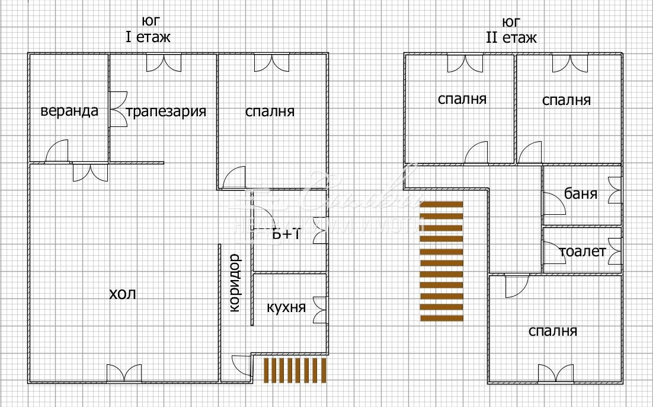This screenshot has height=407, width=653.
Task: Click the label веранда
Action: coord(69,111)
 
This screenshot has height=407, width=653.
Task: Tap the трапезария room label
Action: coord(166,111)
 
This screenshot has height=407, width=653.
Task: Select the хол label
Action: coord(123,294)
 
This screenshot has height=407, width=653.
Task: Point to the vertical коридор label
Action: coord(234,282)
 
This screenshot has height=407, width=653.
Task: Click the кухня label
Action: coord(286,307)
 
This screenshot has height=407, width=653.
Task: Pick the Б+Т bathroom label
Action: coord(287,234)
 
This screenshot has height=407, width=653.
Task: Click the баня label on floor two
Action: coord(581,193)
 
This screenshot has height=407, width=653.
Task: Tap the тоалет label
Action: coord(583,252)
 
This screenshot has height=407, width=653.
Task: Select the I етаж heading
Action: coord(148,37)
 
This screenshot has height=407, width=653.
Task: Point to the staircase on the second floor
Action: coord(441,261)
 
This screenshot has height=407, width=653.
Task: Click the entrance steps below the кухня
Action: coord(295,370)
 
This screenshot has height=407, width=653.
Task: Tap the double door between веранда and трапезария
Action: coord(117,109)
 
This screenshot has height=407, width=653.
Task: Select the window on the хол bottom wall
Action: coord(124,374)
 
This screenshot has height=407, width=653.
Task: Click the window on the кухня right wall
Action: coord(320,309)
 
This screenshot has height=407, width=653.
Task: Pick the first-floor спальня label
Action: coord(270,111)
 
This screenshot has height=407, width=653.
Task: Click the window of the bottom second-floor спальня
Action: coord(555,374)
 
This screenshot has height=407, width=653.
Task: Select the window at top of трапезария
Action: coord(164,62)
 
